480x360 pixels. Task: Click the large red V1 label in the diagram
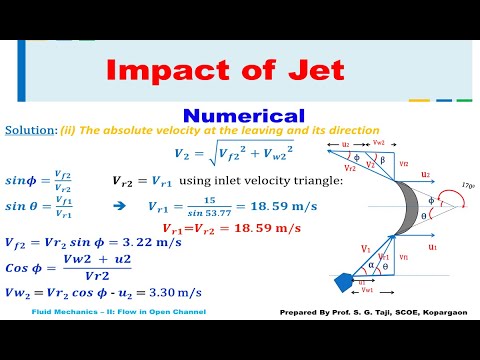337,248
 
